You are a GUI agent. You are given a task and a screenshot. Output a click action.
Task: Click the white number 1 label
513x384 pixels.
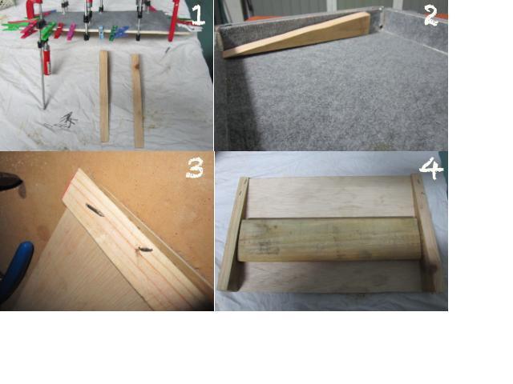[x=198, y=16]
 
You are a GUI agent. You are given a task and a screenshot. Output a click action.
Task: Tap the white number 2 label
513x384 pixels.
[x=431, y=16]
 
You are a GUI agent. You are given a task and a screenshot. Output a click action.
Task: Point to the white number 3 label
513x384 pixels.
[x=195, y=168]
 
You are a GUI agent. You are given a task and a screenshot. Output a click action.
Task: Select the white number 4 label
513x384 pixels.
[x=431, y=168]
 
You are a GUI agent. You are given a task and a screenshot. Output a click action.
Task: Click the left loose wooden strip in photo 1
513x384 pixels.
[x=104, y=96]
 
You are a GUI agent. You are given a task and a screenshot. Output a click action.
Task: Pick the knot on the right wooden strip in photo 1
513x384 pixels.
[x=136, y=66]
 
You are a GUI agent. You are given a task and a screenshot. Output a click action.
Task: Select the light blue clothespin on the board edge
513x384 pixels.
[x=101, y=33]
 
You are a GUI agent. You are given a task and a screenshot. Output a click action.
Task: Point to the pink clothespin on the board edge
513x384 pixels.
[x=71, y=32]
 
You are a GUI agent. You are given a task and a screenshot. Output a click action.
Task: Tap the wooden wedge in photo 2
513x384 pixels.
[x=297, y=34]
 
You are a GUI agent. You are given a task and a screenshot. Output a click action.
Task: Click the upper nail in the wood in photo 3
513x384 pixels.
[x=95, y=210]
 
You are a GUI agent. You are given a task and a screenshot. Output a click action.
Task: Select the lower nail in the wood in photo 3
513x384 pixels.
[x=143, y=250]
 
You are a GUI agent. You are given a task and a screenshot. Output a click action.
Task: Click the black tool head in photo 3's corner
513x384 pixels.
[x=12, y=183]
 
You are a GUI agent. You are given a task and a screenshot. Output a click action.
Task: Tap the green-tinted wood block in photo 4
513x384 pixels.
[x=329, y=240]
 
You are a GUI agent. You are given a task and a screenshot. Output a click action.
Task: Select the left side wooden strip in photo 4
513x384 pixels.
[x=233, y=234]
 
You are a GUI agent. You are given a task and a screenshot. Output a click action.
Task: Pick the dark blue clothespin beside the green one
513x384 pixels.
[x=122, y=32]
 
